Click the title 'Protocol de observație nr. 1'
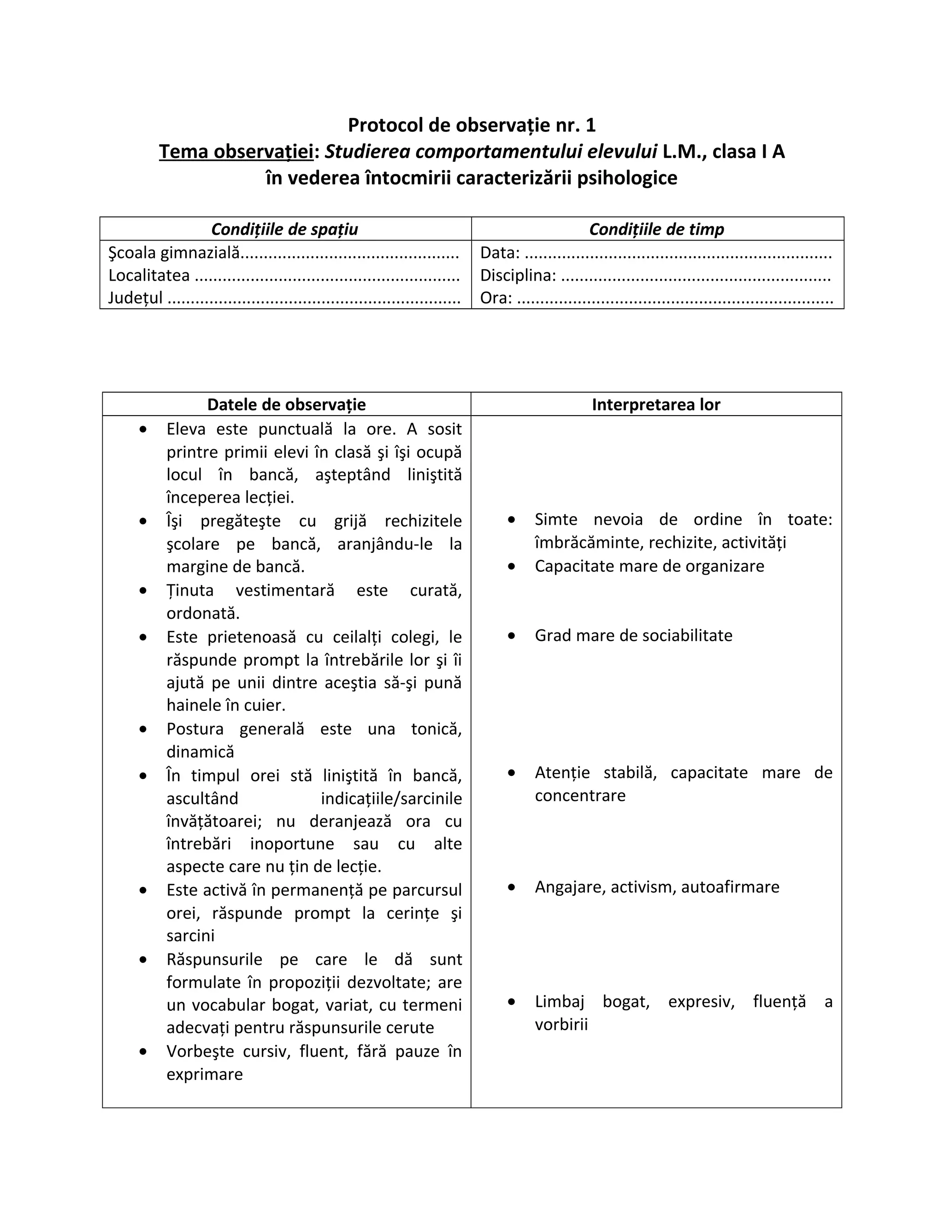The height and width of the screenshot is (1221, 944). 472,125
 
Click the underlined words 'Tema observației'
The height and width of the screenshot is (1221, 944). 236,152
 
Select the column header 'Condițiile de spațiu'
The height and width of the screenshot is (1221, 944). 285,229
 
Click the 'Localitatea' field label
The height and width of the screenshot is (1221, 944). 149,275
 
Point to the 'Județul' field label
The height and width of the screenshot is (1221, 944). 136,298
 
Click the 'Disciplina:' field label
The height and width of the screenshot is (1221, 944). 518,275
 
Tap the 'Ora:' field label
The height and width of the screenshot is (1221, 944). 496,298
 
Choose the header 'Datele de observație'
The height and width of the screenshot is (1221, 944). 286,404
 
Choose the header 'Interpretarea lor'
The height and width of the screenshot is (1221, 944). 656,404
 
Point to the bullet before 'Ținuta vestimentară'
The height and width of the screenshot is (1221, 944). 143,590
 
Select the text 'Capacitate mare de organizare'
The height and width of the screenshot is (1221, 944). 649,566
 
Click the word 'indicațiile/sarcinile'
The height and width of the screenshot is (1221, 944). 391,798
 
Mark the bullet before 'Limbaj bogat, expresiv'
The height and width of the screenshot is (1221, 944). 511,1002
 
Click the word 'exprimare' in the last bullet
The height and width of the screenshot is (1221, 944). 205,1074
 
